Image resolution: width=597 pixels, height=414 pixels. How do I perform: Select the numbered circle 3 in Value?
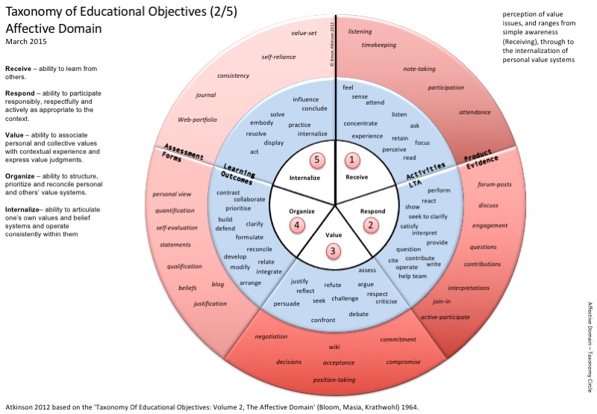tap(334, 250)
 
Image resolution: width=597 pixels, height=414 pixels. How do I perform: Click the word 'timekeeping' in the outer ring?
tap(379, 44)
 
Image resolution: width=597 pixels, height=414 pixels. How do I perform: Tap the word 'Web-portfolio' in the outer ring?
tap(196, 120)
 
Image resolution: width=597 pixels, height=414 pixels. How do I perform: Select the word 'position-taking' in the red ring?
tap(334, 380)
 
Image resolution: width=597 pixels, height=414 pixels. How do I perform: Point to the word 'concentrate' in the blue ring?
tap(360, 123)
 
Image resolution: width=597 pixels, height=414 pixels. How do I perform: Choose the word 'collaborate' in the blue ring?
tap(249, 199)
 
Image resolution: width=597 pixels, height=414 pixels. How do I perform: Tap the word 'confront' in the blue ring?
tap(323, 320)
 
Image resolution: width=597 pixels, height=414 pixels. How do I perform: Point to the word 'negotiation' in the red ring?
tap(271, 336)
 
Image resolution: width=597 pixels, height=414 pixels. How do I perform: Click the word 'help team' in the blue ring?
tap(412, 276)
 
